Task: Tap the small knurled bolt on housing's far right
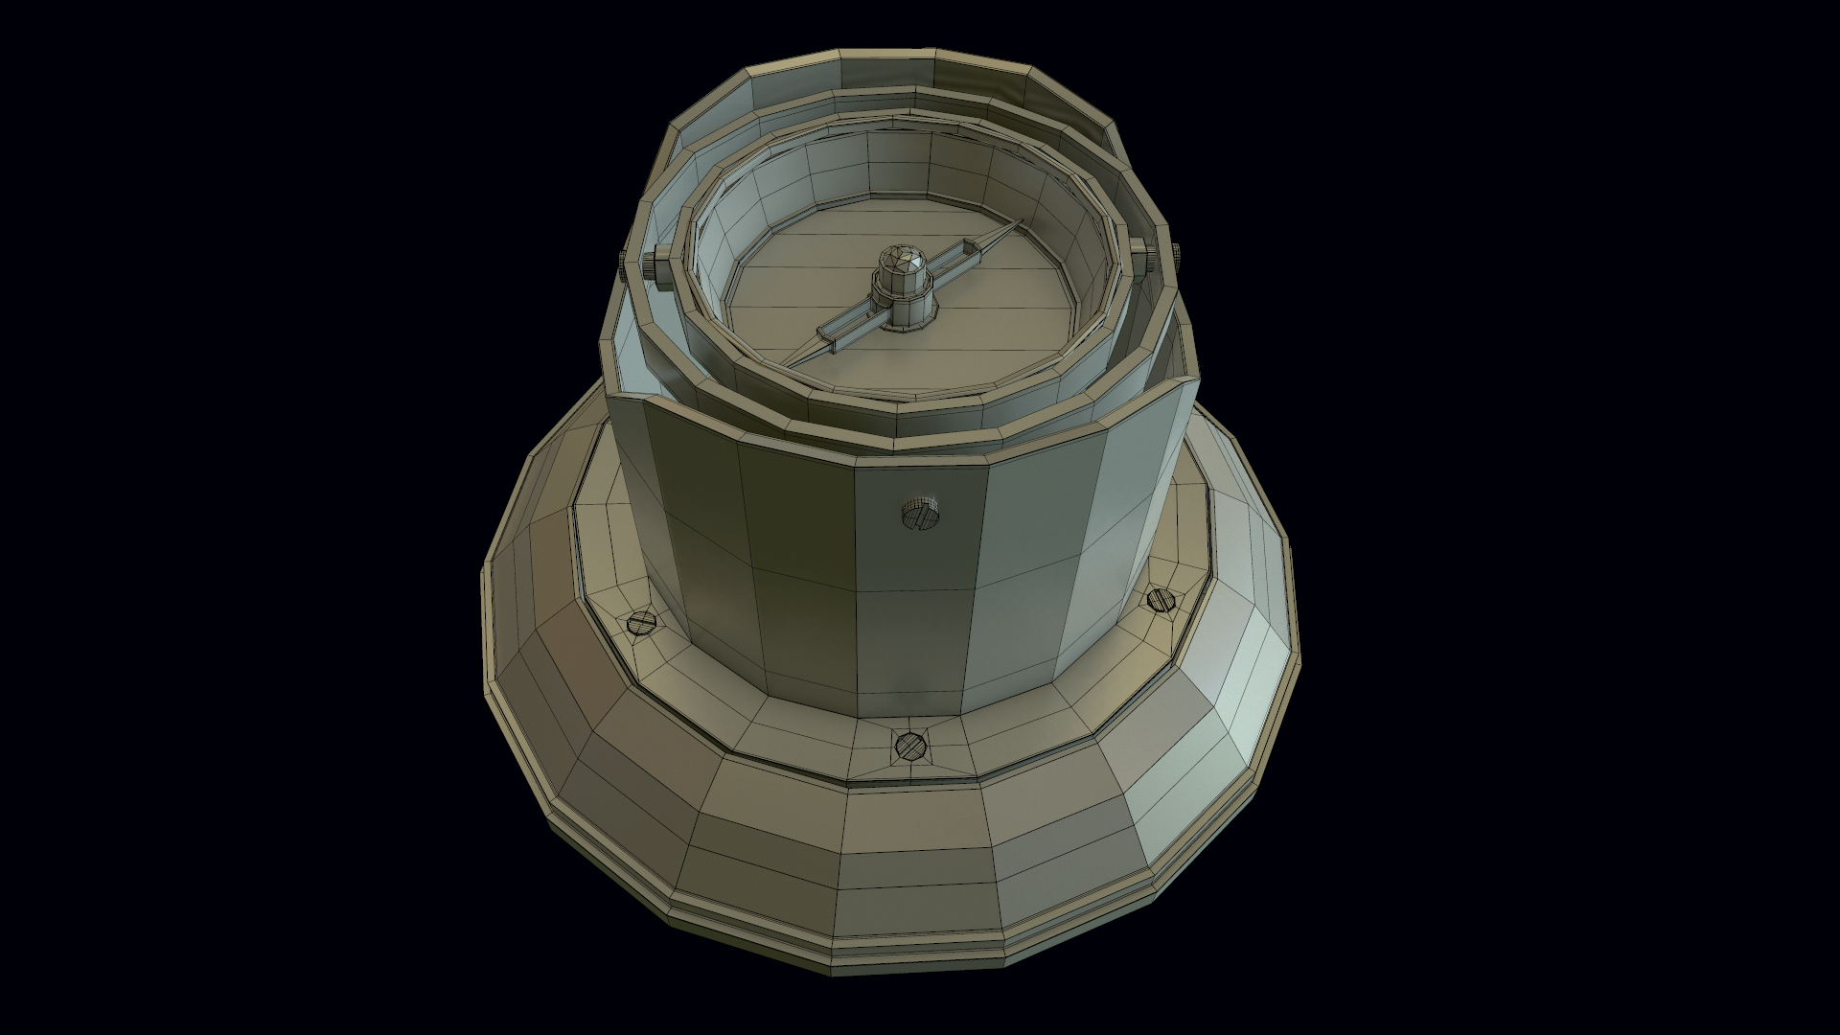[x=1176, y=251]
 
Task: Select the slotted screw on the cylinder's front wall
[x=921, y=515]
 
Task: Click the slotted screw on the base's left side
[x=638, y=623]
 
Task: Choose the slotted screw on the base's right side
[x=1161, y=599]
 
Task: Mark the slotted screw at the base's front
[x=908, y=744]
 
